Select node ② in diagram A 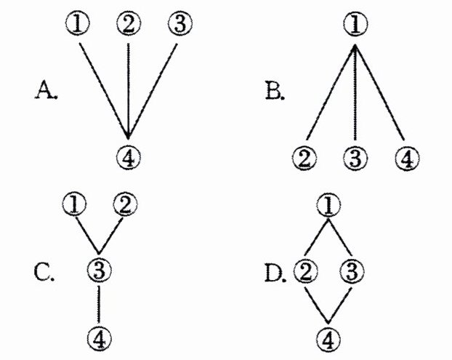pyautogui.click(x=129, y=23)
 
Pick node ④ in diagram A pyautogui.click(x=129, y=154)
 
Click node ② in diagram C pyautogui.click(x=124, y=204)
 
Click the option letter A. pyautogui.click(x=46, y=92)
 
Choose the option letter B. pyautogui.click(x=274, y=92)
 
